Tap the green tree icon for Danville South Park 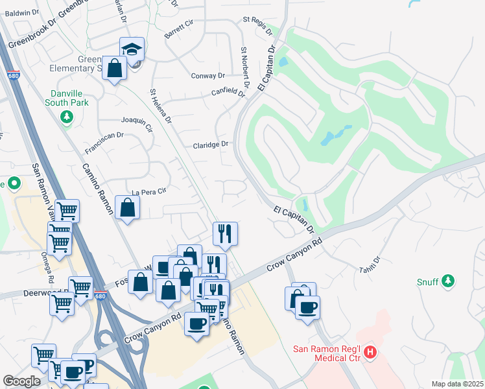(x=66, y=117)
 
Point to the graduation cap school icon (x=132, y=49)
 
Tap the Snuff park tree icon (x=447, y=281)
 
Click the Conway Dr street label (x=207, y=76)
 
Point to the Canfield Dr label (x=228, y=93)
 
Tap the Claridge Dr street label (x=211, y=145)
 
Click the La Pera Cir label (x=149, y=192)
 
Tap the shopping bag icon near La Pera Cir (x=128, y=207)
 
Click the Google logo (x=21, y=381)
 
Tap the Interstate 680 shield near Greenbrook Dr (x=12, y=74)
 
